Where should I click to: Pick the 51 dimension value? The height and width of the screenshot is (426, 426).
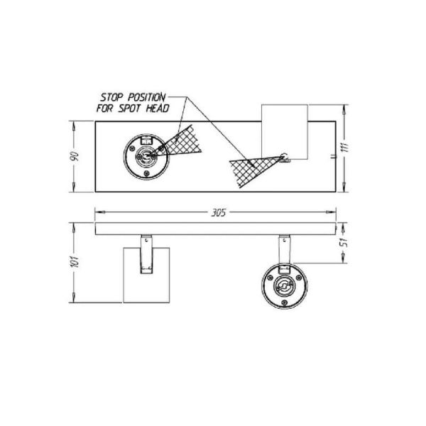coord(345,240)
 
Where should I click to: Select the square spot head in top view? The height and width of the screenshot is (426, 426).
coord(284,131)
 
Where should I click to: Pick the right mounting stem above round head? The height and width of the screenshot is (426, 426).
coord(283,249)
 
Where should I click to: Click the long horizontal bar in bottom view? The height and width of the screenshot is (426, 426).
coord(216,229)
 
